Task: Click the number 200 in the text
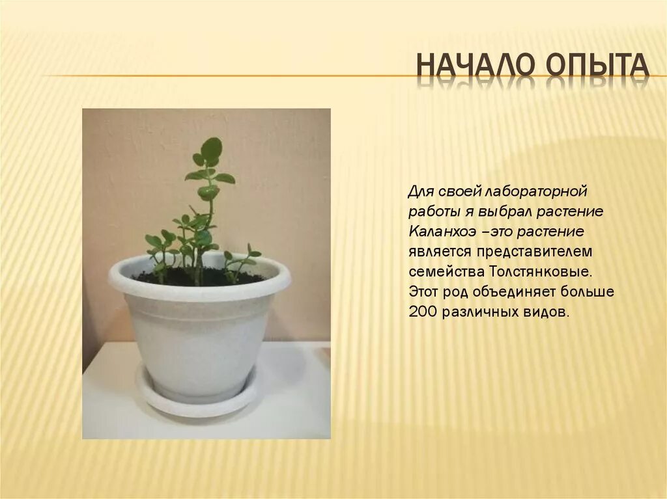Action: click(x=423, y=312)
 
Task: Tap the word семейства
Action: click(x=441, y=271)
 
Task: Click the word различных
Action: click(x=477, y=312)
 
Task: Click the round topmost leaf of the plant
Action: click(x=211, y=148)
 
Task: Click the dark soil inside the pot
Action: click(x=163, y=278)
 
